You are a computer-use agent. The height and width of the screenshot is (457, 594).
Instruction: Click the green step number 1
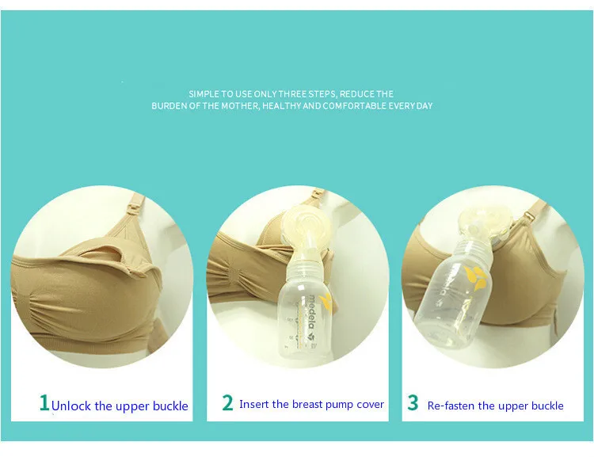pos(44,403)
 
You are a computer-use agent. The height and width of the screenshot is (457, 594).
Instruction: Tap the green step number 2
pos(227,402)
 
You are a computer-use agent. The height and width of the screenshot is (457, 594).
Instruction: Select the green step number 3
pos(413,402)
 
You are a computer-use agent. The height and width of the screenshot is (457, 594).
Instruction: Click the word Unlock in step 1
pos(71,406)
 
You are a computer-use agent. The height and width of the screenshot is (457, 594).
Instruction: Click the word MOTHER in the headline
pos(240,105)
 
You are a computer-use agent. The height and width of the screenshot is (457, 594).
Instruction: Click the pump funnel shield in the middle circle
pos(306,228)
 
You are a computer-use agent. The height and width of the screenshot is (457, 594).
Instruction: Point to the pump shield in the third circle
pos(485,223)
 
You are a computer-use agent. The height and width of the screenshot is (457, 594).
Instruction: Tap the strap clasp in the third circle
pos(529,216)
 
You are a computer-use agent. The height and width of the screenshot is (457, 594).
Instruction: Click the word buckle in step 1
pos(170,406)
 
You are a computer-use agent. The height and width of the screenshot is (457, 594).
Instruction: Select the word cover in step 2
pos(370,405)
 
